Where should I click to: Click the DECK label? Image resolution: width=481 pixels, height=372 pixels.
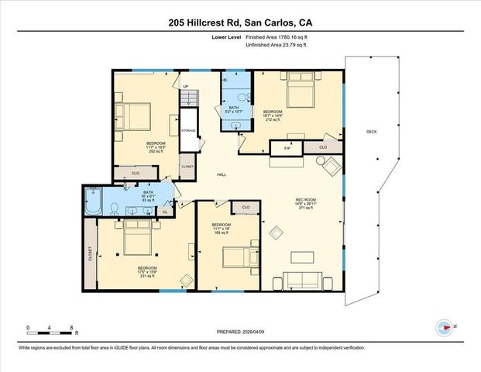click(372, 133)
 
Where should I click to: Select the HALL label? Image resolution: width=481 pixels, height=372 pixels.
click(222, 174)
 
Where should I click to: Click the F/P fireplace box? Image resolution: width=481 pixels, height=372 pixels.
click(287, 147)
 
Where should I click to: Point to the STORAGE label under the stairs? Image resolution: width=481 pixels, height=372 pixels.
click(188, 131)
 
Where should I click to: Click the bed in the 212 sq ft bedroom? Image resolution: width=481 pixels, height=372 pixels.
click(298, 95)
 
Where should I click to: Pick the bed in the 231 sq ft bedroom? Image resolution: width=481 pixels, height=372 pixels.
click(136, 239)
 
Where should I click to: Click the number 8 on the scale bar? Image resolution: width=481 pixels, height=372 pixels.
click(71, 329)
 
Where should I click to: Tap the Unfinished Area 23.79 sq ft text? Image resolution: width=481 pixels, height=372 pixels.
click(276, 46)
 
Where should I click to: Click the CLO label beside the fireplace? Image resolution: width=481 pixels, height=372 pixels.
click(321, 147)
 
